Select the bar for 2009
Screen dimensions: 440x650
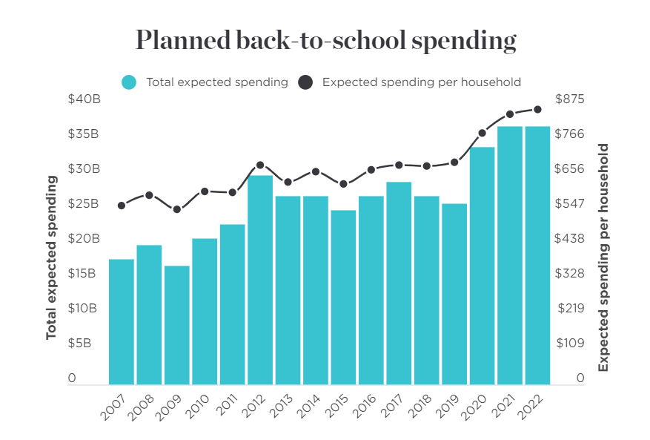(x=177, y=324)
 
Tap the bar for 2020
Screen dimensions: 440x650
(x=482, y=264)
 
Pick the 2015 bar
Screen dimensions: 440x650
(x=343, y=296)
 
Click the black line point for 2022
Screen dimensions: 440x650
(x=537, y=110)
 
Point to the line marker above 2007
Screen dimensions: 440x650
(x=122, y=206)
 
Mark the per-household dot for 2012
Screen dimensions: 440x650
(x=260, y=165)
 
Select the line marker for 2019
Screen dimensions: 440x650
(x=454, y=162)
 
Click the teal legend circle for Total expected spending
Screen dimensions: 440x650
(x=129, y=82)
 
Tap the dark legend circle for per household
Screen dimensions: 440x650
(x=305, y=82)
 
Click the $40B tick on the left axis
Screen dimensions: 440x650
(x=83, y=99)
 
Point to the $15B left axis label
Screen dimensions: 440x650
(x=83, y=274)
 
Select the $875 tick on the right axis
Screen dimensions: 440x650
(x=570, y=99)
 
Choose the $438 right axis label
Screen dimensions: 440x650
(x=570, y=239)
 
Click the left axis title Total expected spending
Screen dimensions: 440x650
(x=51, y=257)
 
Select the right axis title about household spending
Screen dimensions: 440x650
(x=603, y=257)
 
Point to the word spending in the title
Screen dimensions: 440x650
(x=462, y=42)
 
